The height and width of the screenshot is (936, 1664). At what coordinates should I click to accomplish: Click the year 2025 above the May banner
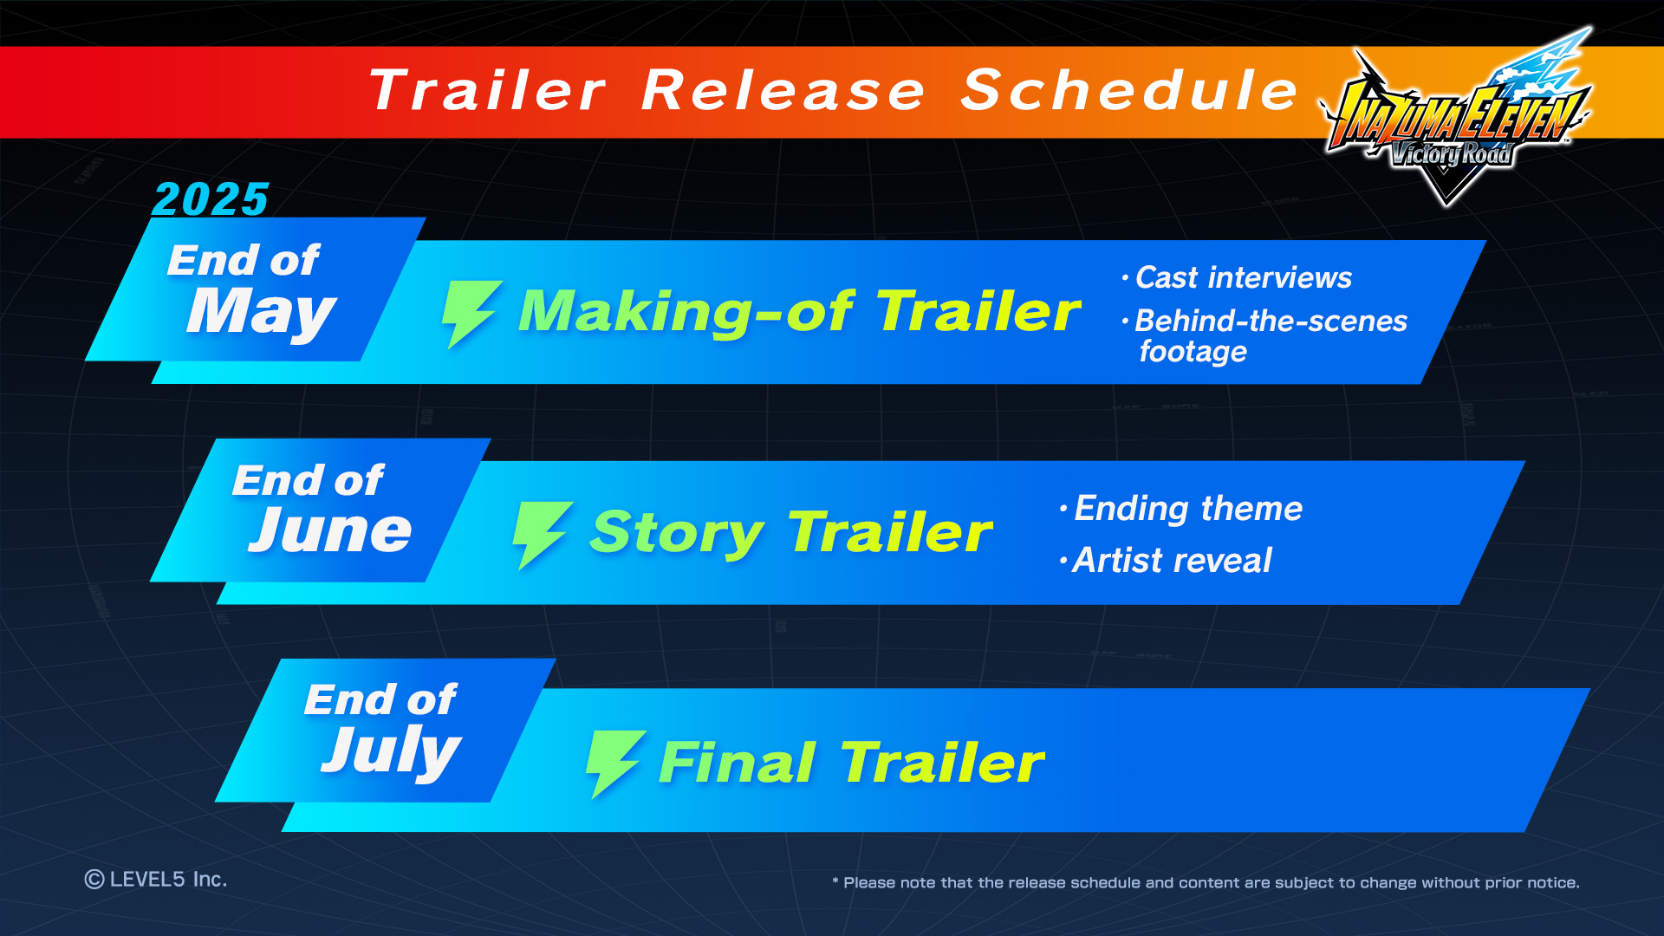[x=211, y=199]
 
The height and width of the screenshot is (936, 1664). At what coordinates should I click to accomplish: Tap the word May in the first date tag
[x=261, y=313]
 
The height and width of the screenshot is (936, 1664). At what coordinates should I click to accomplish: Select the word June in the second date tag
[x=330, y=530]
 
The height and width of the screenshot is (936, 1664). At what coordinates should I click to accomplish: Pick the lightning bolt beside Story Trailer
[x=542, y=535]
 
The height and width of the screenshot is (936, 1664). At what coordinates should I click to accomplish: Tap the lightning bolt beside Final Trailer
[x=615, y=764]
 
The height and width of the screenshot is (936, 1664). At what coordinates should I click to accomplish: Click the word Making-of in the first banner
[x=686, y=311]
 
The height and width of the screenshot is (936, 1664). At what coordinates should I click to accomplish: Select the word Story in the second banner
[x=676, y=534]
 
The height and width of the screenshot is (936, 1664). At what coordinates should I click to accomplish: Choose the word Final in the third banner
[x=738, y=763]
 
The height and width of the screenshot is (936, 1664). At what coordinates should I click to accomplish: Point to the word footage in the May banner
[x=1193, y=352]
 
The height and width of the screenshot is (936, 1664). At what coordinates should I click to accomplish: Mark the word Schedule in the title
[x=1129, y=90]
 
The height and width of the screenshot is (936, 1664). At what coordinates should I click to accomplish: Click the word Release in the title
[x=783, y=90]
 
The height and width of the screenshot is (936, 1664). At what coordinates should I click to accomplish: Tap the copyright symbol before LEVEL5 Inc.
[x=94, y=880]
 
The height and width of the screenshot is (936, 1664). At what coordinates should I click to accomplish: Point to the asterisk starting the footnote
[x=835, y=881]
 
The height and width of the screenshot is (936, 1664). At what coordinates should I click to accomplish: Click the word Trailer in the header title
[x=487, y=90]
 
